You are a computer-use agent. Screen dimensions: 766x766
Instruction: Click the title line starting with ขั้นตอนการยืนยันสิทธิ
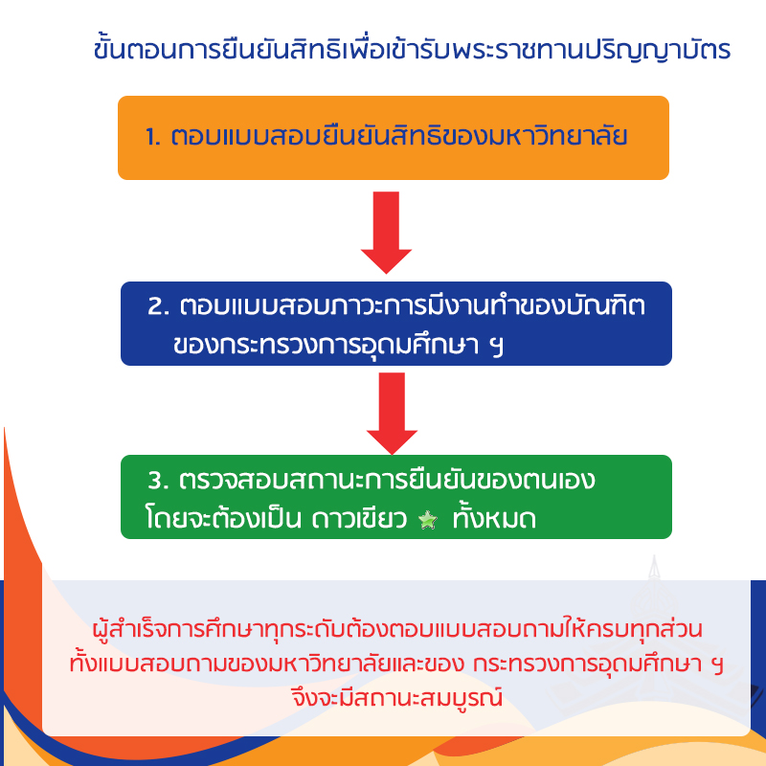412,50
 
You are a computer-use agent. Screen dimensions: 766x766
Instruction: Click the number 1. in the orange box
153,137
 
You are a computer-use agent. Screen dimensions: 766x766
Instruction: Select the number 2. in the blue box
158,306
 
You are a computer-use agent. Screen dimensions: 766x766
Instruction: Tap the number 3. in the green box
158,481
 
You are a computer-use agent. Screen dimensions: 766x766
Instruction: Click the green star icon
428,520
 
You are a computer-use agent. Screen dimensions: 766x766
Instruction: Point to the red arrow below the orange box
386,232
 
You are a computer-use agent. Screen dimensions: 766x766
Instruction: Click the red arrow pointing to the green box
392,414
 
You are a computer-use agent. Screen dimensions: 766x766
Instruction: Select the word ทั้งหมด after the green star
494,517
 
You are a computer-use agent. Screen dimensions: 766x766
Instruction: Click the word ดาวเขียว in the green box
359,519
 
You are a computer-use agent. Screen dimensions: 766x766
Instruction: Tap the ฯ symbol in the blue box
496,346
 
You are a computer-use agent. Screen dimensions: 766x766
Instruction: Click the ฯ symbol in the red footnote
717,665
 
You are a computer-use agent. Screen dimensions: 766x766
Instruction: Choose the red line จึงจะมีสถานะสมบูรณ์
396,697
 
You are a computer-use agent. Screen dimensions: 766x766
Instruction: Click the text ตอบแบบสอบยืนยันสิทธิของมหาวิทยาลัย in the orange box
399,134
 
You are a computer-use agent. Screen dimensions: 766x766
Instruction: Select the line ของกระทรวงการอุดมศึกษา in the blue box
326,345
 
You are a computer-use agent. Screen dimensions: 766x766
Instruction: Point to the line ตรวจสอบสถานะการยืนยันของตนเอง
387,480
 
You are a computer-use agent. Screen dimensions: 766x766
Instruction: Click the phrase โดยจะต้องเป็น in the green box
223,517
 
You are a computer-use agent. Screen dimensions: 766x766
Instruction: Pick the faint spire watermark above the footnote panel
654,568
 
